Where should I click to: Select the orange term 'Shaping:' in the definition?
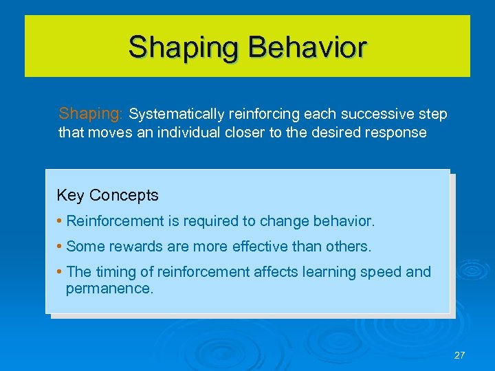pyautogui.click(x=91, y=113)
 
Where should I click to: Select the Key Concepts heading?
pyautogui.click(x=107, y=195)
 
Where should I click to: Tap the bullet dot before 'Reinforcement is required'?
pyautogui.click(x=60, y=222)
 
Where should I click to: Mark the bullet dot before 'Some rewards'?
pyautogui.click(x=60, y=247)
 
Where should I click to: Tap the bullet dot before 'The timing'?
pyautogui.click(x=60, y=273)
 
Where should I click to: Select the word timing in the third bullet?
pyautogui.click(x=118, y=272)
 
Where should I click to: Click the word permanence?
pyautogui.click(x=109, y=288)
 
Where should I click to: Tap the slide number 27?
pyautogui.click(x=459, y=355)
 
